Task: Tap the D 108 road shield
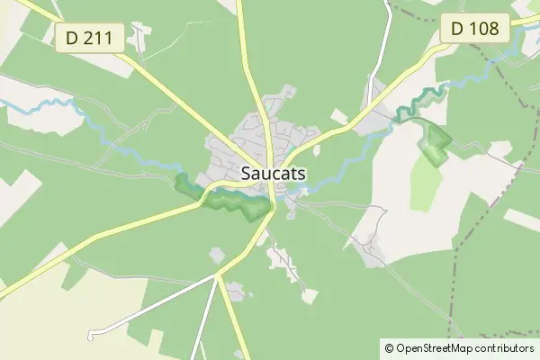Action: point(474,28)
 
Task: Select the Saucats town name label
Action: point(271,173)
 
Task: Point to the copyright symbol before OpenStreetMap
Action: point(389,347)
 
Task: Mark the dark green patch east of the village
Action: point(436,144)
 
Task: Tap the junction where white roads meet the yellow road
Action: point(217,275)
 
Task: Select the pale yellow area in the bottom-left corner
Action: point(54,315)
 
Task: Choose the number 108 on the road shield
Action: point(483,28)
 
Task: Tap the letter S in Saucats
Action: point(247,173)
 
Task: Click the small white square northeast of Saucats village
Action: point(339,116)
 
